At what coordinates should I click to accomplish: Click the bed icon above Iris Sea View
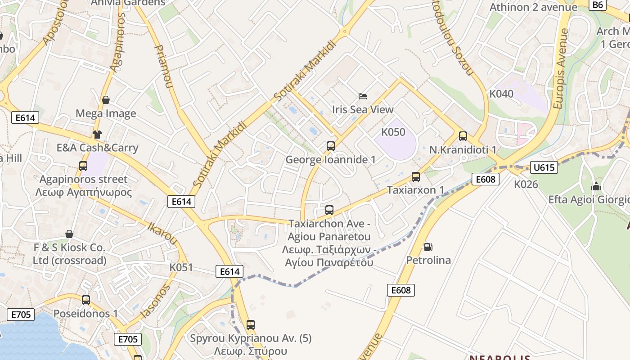363,96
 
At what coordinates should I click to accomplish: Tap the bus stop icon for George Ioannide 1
331,146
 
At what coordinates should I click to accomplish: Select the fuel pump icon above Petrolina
428,247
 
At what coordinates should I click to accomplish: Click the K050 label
393,132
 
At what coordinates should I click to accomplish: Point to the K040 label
501,94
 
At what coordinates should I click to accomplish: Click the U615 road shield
544,168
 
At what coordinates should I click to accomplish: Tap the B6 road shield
597,4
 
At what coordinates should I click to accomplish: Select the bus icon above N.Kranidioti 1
463,136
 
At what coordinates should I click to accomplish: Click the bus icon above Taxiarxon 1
416,176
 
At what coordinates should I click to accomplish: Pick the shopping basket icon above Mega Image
106,99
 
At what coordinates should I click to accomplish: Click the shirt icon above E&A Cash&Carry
97,134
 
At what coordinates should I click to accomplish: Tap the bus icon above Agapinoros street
83,166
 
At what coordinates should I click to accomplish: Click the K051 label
181,267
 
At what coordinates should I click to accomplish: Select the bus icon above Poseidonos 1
85,300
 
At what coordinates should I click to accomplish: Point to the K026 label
526,184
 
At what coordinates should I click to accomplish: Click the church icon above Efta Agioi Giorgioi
596,185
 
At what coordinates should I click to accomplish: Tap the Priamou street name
163,66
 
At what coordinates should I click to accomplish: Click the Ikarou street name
162,231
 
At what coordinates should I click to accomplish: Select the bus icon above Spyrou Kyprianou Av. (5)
251,324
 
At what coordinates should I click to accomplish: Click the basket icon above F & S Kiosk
69,234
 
